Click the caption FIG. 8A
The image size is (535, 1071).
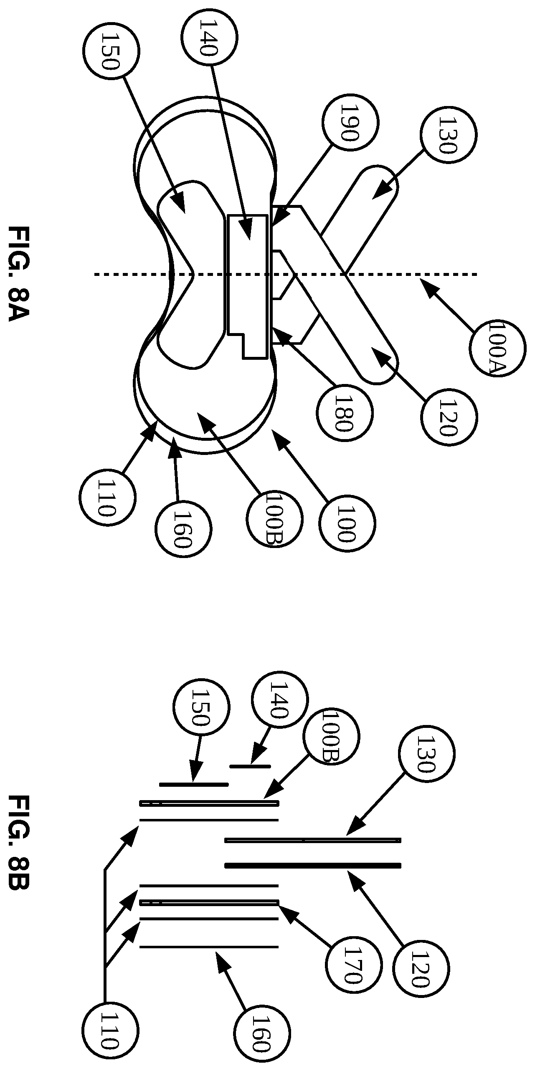pyautogui.click(x=19, y=274)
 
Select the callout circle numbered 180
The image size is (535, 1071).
pyautogui.click(x=345, y=413)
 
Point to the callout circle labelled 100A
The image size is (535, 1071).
pyautogui.click(x=497, y=348)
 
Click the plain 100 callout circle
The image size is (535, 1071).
pyautogui.click(x=347, y=523)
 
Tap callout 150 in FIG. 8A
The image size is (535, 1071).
pyautogui.click(x=111, y=51)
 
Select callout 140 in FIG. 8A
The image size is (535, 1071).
pyautogui.click(x=209, y=37)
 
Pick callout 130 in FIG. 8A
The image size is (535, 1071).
pyautogui.click(x=449, y=135)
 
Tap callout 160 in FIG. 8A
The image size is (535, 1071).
pyautogui.click(x=183, y=529)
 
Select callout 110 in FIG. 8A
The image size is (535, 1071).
pyautogui.click(x=107, y=498)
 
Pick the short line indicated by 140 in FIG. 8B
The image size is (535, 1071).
pyautogui.click(x=250, y=766)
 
